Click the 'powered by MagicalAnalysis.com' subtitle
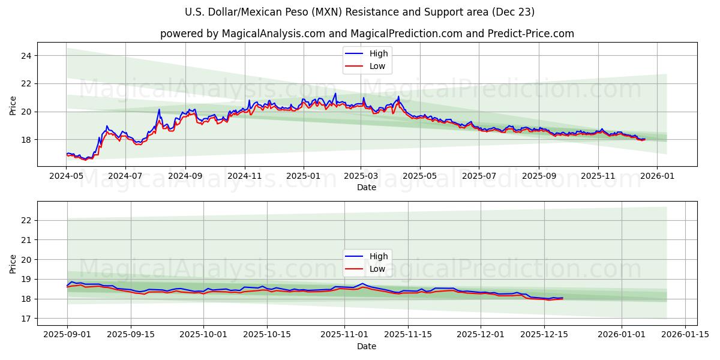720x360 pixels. click(x=367, y=34)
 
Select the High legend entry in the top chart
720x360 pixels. click(x=379, y=53)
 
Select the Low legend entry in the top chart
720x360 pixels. click(x=377, y=66)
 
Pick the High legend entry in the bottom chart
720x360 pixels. click(x=379, y=256)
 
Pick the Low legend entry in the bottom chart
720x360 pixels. click(x=377, y=269)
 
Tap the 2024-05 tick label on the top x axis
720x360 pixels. click(x=66, y=176)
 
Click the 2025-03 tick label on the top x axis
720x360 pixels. click(x=361, y=176)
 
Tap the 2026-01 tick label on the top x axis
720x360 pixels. click(x=656, y=176)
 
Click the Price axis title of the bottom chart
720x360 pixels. click(x=13, y=263)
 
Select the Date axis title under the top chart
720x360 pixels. click(x=367, y=187)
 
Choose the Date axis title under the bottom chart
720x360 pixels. click(x=367, y=346)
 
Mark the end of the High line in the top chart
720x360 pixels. click(x=645, y=139)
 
